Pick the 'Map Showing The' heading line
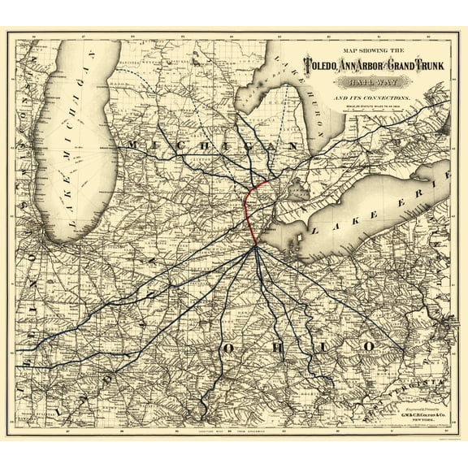click(370, 50)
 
